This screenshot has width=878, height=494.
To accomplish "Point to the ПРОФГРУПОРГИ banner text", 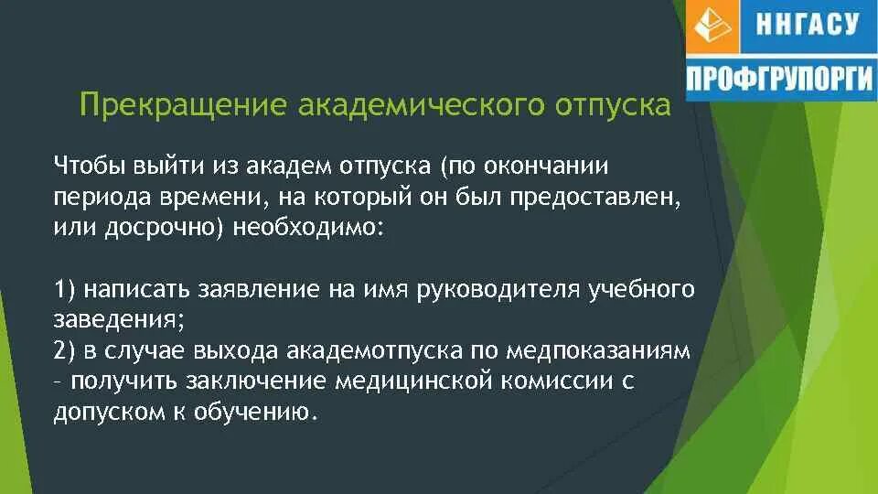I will click(779, 79).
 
